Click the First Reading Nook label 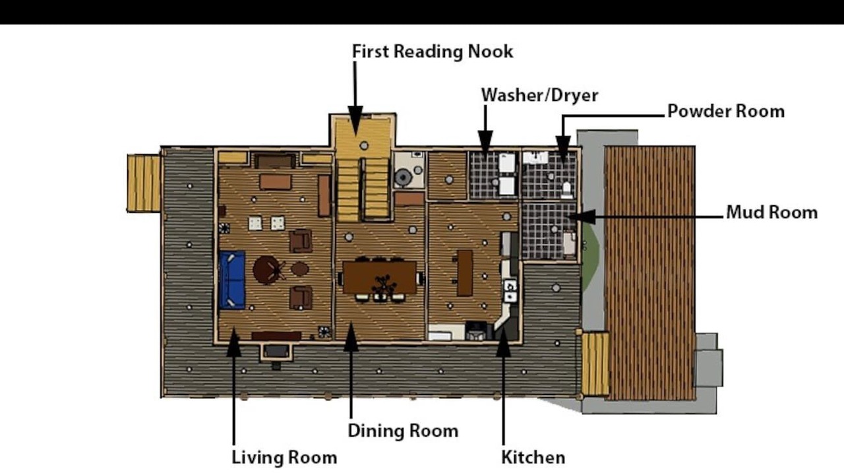click(432, 51)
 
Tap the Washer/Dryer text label click(539, 95)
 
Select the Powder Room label click(726, 111)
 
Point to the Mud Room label click(771, 212)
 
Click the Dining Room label click(403, 431)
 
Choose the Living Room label click(284, 458)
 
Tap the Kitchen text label click(533, 458)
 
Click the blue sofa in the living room click(231, 280)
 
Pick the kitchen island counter click(464, 273)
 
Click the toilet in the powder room click(566, 190)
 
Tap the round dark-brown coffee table click(266, 270)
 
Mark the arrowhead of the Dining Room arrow click(351, 336)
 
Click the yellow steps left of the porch click(144, 183)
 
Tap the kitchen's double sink click(510, 291)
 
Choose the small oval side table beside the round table click(300, 269)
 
